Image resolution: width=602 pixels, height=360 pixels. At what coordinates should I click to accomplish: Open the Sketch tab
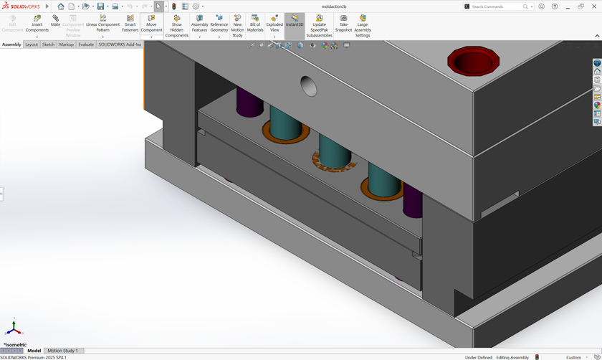pos(48,44)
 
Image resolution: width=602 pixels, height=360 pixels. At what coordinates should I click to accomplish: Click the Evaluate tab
pos(86,44)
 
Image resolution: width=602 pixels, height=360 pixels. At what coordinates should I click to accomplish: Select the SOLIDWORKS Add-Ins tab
pos(120,44)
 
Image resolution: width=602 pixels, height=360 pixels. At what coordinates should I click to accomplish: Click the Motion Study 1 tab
pos(62,351)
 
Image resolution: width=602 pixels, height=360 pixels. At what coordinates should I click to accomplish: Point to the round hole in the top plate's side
pos(308,86)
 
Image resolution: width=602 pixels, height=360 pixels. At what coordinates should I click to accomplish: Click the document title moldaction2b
pos(334,6)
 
